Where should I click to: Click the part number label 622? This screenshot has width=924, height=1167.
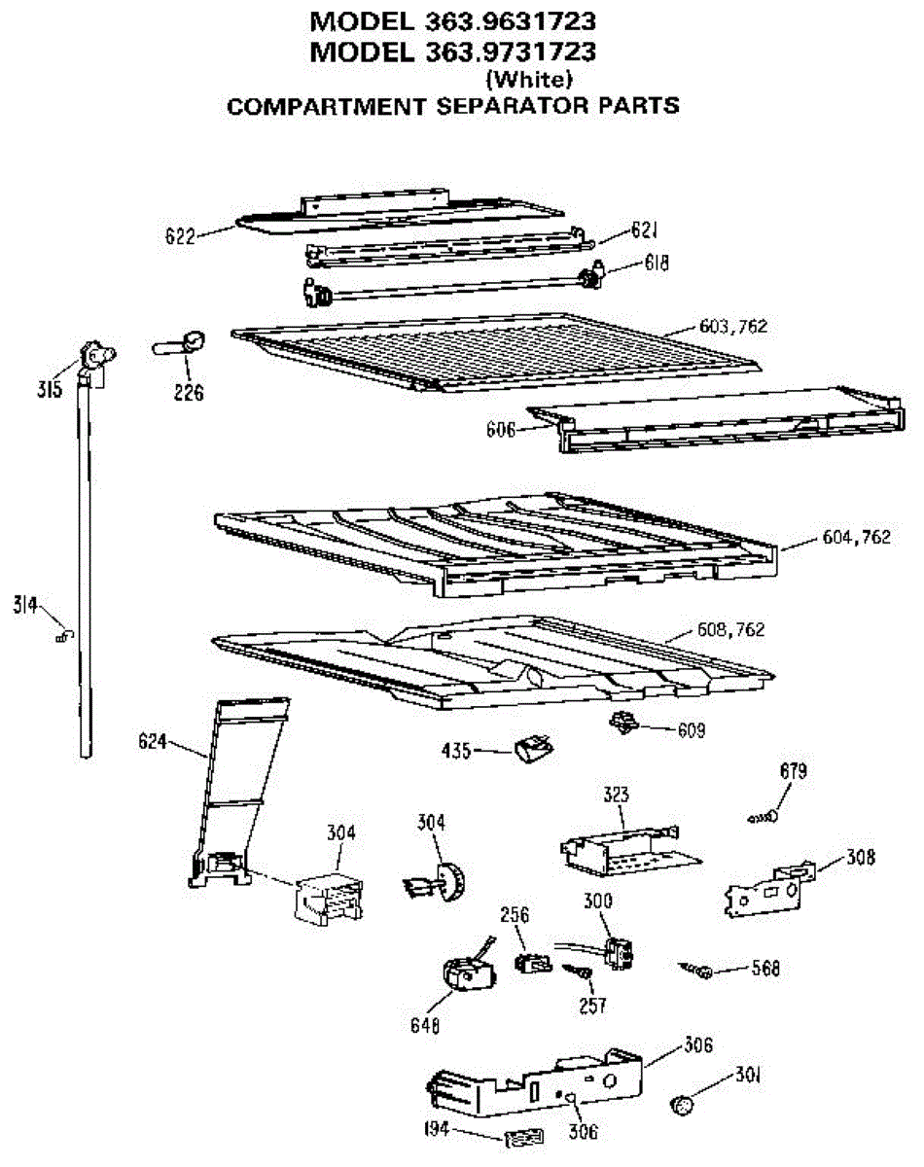pos(180,235)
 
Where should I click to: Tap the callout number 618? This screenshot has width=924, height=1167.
pos(656,263)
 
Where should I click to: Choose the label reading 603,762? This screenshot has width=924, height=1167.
pos(733,327)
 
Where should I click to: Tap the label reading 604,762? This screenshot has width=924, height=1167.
pos(855,537)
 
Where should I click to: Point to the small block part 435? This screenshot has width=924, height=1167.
pos(531,749)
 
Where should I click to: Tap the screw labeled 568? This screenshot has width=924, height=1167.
pos(700,969)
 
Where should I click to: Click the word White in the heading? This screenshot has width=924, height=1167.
pos(528,79)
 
